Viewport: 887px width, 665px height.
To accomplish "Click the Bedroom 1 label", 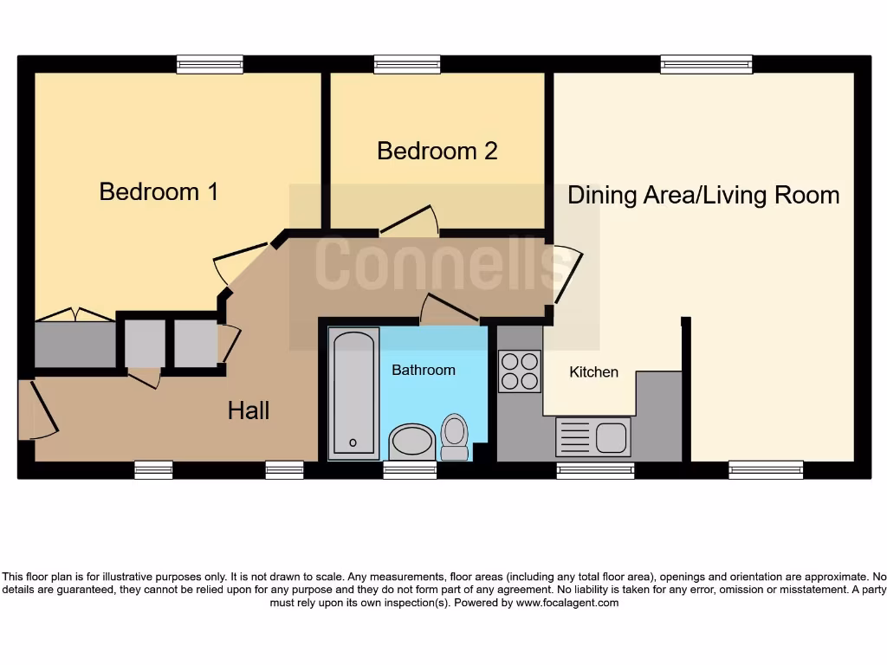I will [159, 191].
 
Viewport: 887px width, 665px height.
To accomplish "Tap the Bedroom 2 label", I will [437, 151].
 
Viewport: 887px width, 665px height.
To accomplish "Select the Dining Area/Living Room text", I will [702, 195].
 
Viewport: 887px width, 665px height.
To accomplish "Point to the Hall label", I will [249, 410].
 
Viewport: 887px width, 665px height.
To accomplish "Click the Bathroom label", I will [423, 370].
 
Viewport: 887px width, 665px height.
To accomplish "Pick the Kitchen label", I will [593, 372].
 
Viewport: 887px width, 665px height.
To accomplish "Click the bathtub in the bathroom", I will [353, 392].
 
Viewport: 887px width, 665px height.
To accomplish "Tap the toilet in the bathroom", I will [455, 436].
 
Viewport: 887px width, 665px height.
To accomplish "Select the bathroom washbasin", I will [412, 442].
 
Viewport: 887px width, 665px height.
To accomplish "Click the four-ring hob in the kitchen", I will [520, 371].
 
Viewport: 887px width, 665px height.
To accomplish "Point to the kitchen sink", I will [593, 436].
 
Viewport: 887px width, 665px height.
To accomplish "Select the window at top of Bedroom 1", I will [210, 64].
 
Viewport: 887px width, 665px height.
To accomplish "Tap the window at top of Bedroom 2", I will [407, 64].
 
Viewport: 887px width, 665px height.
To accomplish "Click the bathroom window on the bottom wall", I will [410, 470].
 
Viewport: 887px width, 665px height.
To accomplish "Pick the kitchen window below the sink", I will [595, 470].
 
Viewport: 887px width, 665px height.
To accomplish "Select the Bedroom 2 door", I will [409, 220].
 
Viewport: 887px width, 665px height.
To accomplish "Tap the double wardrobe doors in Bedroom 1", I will [74, 315].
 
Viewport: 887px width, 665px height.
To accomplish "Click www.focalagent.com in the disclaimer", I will [567, 603].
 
